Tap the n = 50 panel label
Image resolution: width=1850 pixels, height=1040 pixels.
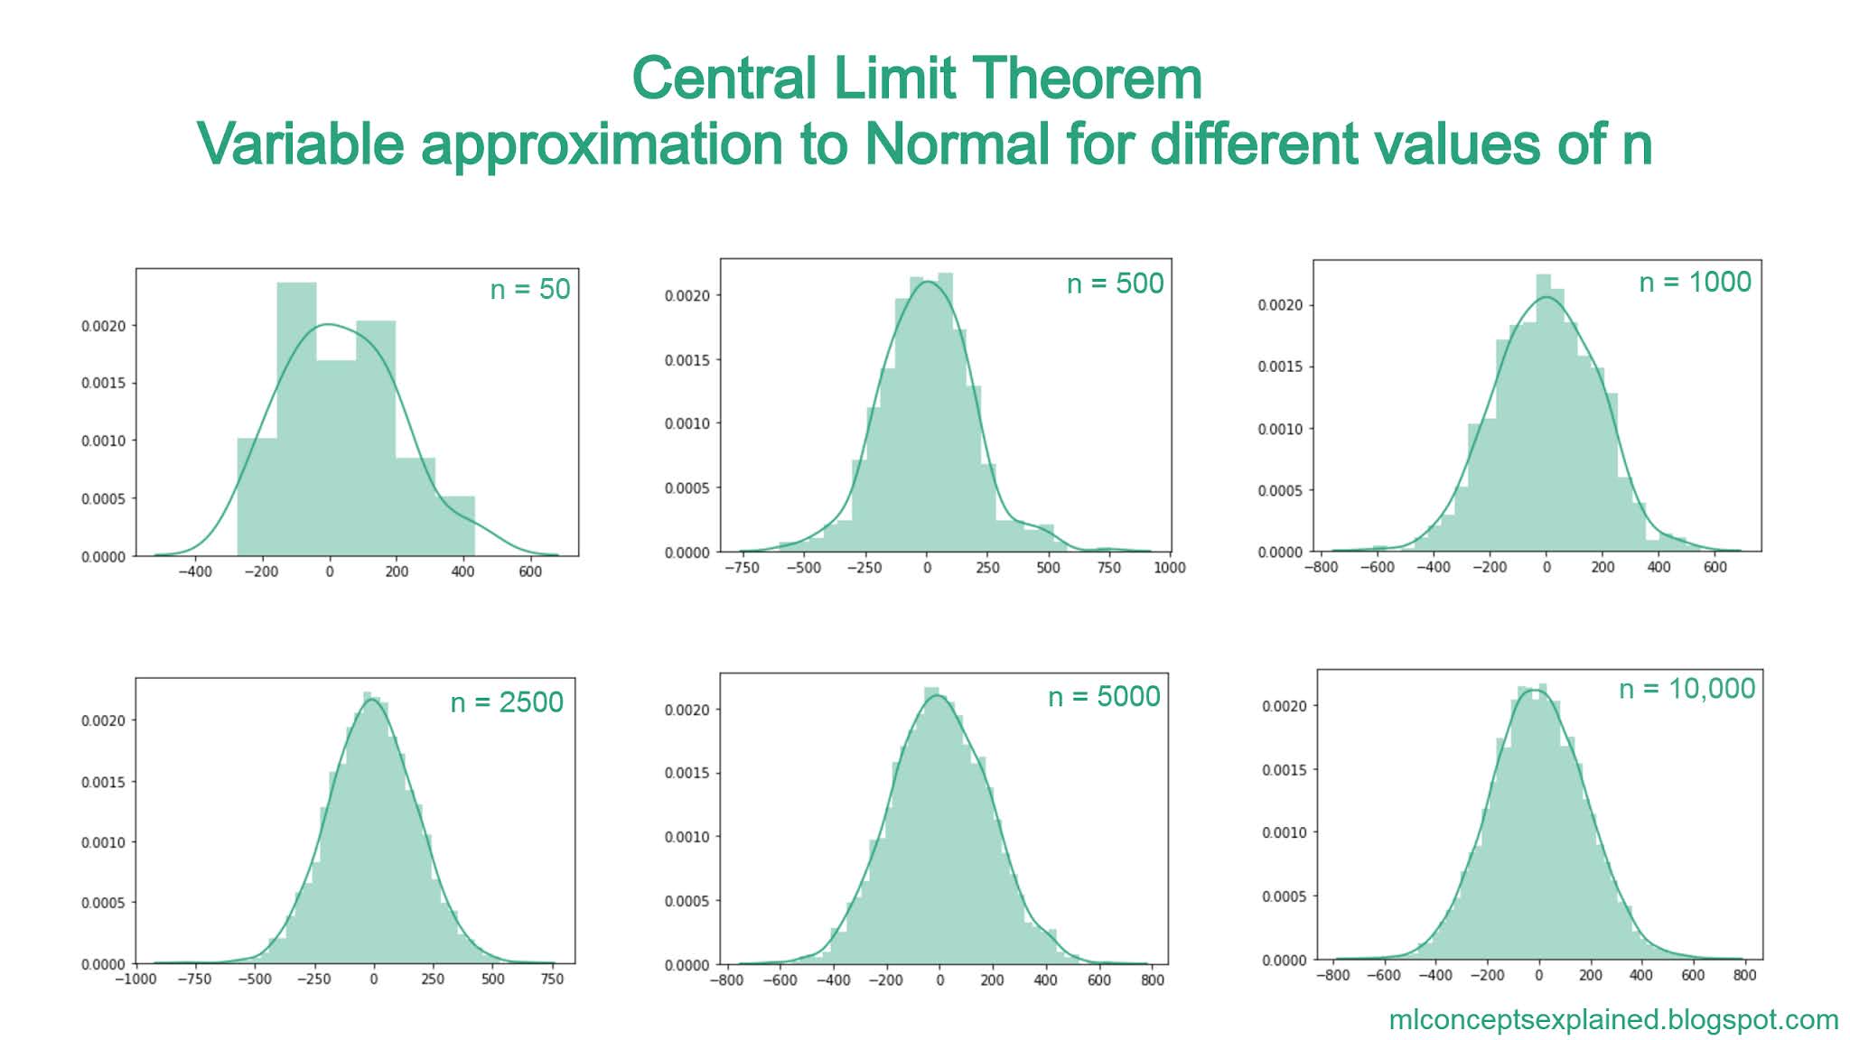(x=530, y=289)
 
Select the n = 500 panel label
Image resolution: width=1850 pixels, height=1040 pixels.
(x=1115, y=283)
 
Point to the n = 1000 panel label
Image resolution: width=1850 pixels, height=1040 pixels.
(x=1695, y=282)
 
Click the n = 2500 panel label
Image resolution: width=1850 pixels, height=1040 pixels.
(x=507, y=702)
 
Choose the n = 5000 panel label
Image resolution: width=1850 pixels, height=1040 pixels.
(x=1104, y=696)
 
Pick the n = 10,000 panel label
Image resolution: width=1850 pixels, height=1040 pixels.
(x=1686, y=689)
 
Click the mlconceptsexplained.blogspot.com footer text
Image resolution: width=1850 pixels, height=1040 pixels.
(x=1613, y=1020)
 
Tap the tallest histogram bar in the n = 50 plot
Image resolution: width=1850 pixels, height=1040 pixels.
(x=296, y=415)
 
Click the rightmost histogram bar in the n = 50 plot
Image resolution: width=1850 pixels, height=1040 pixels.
(x=455, y=525)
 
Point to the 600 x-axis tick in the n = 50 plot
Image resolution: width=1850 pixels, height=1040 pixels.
(x=530, y=571)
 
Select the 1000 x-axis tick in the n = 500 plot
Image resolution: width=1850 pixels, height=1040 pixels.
(x=1169, y=568)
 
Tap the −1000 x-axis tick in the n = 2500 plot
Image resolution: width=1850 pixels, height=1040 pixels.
(x=136, y=980)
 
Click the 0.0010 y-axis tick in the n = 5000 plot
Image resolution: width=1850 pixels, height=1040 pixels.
(x=687, y=837)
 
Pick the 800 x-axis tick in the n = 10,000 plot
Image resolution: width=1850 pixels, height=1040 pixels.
(x=1744, y=976)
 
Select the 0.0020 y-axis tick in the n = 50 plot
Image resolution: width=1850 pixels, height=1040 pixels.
(x=103, y=326)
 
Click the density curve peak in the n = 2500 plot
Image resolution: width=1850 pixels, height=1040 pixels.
(x=370, y=700)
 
